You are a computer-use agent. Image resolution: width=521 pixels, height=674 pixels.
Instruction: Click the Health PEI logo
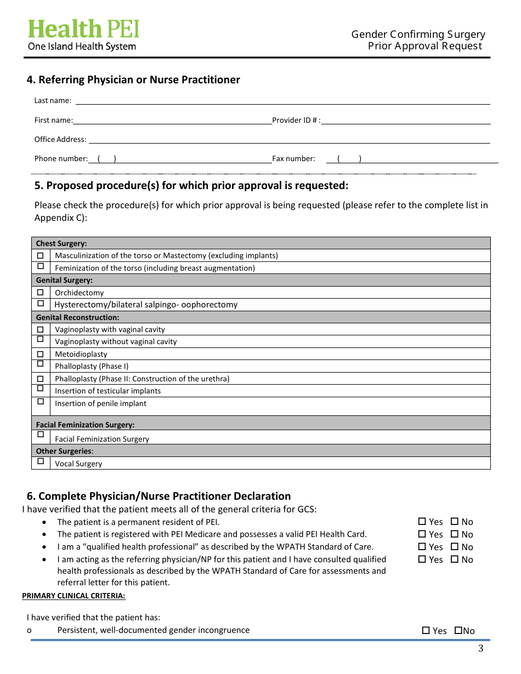pyautogui.click(x=83, y=35)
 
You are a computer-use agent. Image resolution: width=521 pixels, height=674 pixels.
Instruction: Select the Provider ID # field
pyautogui.click(x=406, y=120)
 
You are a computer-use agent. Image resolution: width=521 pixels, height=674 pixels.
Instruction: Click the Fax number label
pyautogui.click(x=293, y=159)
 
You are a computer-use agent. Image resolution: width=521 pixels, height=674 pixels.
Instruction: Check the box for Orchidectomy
pyautogui.click(x=41, y=293)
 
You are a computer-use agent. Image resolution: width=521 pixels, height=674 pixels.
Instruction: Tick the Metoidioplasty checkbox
pyautogui.click(x=41, y=354)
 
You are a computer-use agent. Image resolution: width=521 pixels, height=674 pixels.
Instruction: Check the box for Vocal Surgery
pyautogui.click(x=41, y=461)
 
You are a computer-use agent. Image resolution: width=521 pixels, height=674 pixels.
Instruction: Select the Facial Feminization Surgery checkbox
pyautogui.click(x=41, y=435)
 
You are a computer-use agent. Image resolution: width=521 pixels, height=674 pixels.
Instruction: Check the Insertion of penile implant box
pyautogui.click(x=41, y=402)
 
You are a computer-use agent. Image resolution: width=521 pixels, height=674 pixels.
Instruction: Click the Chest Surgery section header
pyautogui.click(x=61, y=243)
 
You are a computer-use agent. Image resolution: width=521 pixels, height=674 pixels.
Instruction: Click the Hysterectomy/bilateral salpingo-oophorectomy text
pyautogui.click(x=146, y=305)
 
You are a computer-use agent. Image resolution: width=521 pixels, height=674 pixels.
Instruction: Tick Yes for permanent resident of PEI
pyautogui.click(x=422, y=522)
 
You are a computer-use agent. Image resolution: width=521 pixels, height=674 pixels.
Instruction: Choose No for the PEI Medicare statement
pyautogui.click(x=455, y=534)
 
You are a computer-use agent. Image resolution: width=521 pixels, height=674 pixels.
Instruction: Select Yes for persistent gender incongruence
pyautogui.click(x=426, y=631)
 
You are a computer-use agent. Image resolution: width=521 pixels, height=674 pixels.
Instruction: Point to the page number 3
pyautogui.click(x=481, y=649)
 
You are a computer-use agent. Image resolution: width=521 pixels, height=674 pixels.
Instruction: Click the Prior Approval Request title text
pyautogui.click(x=425, y=46)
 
